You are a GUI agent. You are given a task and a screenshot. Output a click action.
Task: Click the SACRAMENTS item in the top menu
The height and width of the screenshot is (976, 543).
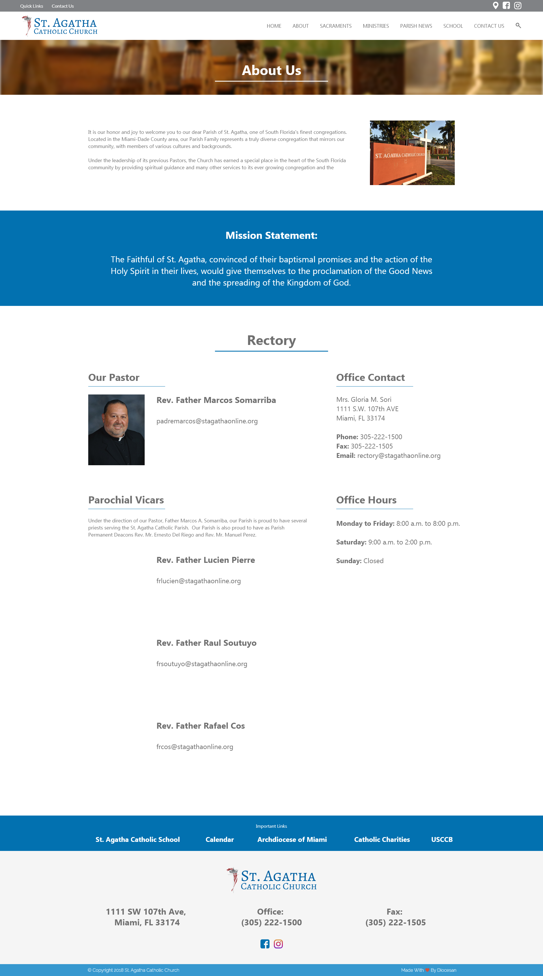click(335, 26)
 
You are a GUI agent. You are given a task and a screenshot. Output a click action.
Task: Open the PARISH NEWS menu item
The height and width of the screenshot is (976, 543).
click(416, 26)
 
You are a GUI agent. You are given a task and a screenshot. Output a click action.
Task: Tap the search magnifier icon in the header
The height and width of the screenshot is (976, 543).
click(518, 26)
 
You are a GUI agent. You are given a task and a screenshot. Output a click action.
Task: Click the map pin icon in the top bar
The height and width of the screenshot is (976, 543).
click(495, 6)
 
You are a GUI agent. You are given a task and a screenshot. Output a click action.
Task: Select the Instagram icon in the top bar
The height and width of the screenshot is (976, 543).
click(518, 6)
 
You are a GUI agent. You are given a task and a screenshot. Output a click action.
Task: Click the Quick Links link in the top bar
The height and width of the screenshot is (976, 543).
click(31, 6)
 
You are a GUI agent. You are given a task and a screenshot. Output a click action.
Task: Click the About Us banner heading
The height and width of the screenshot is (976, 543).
click(271, 70)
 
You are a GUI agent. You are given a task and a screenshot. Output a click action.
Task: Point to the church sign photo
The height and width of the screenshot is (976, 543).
click(412, 153)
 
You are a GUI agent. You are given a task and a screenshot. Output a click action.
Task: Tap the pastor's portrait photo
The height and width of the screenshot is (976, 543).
click(116, 430)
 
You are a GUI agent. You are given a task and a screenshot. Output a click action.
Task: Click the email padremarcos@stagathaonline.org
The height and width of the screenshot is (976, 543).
click(207, 421)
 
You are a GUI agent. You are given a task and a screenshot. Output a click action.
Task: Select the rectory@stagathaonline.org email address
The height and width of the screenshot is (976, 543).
click(399, 455)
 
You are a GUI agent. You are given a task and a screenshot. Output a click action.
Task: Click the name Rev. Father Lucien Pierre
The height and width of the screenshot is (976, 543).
click(206, 560)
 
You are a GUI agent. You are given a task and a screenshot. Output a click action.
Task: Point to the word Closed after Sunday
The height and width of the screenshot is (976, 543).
click(373, 561)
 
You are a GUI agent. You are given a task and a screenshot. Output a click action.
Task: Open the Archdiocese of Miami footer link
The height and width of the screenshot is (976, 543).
click(292, 839)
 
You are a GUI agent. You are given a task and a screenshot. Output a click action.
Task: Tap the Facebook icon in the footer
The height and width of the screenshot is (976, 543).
click(265, 944)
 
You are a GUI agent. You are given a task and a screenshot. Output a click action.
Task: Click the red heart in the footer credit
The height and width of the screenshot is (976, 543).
click(427, 970)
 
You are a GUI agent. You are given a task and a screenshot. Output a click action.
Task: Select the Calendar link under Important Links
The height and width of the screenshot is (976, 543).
click(220, 839)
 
